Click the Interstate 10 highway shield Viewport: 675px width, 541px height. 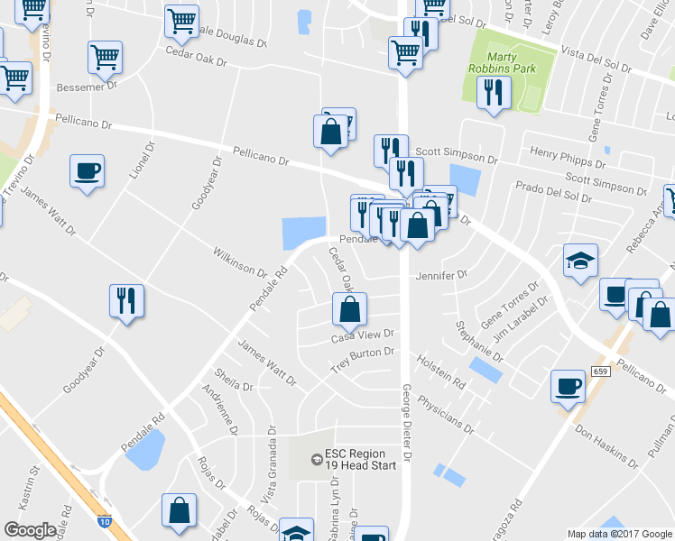coord(106,520)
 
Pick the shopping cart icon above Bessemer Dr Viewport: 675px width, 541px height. coord(106,59)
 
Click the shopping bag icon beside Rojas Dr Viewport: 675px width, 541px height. coord(179,510)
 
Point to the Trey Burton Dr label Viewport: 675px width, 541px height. coord(363,361)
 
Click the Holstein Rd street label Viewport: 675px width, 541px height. coord(441,372)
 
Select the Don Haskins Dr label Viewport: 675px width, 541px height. coord(606,448)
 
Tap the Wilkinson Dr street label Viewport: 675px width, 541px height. coord(240,262)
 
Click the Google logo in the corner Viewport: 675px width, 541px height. coord(30,530)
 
